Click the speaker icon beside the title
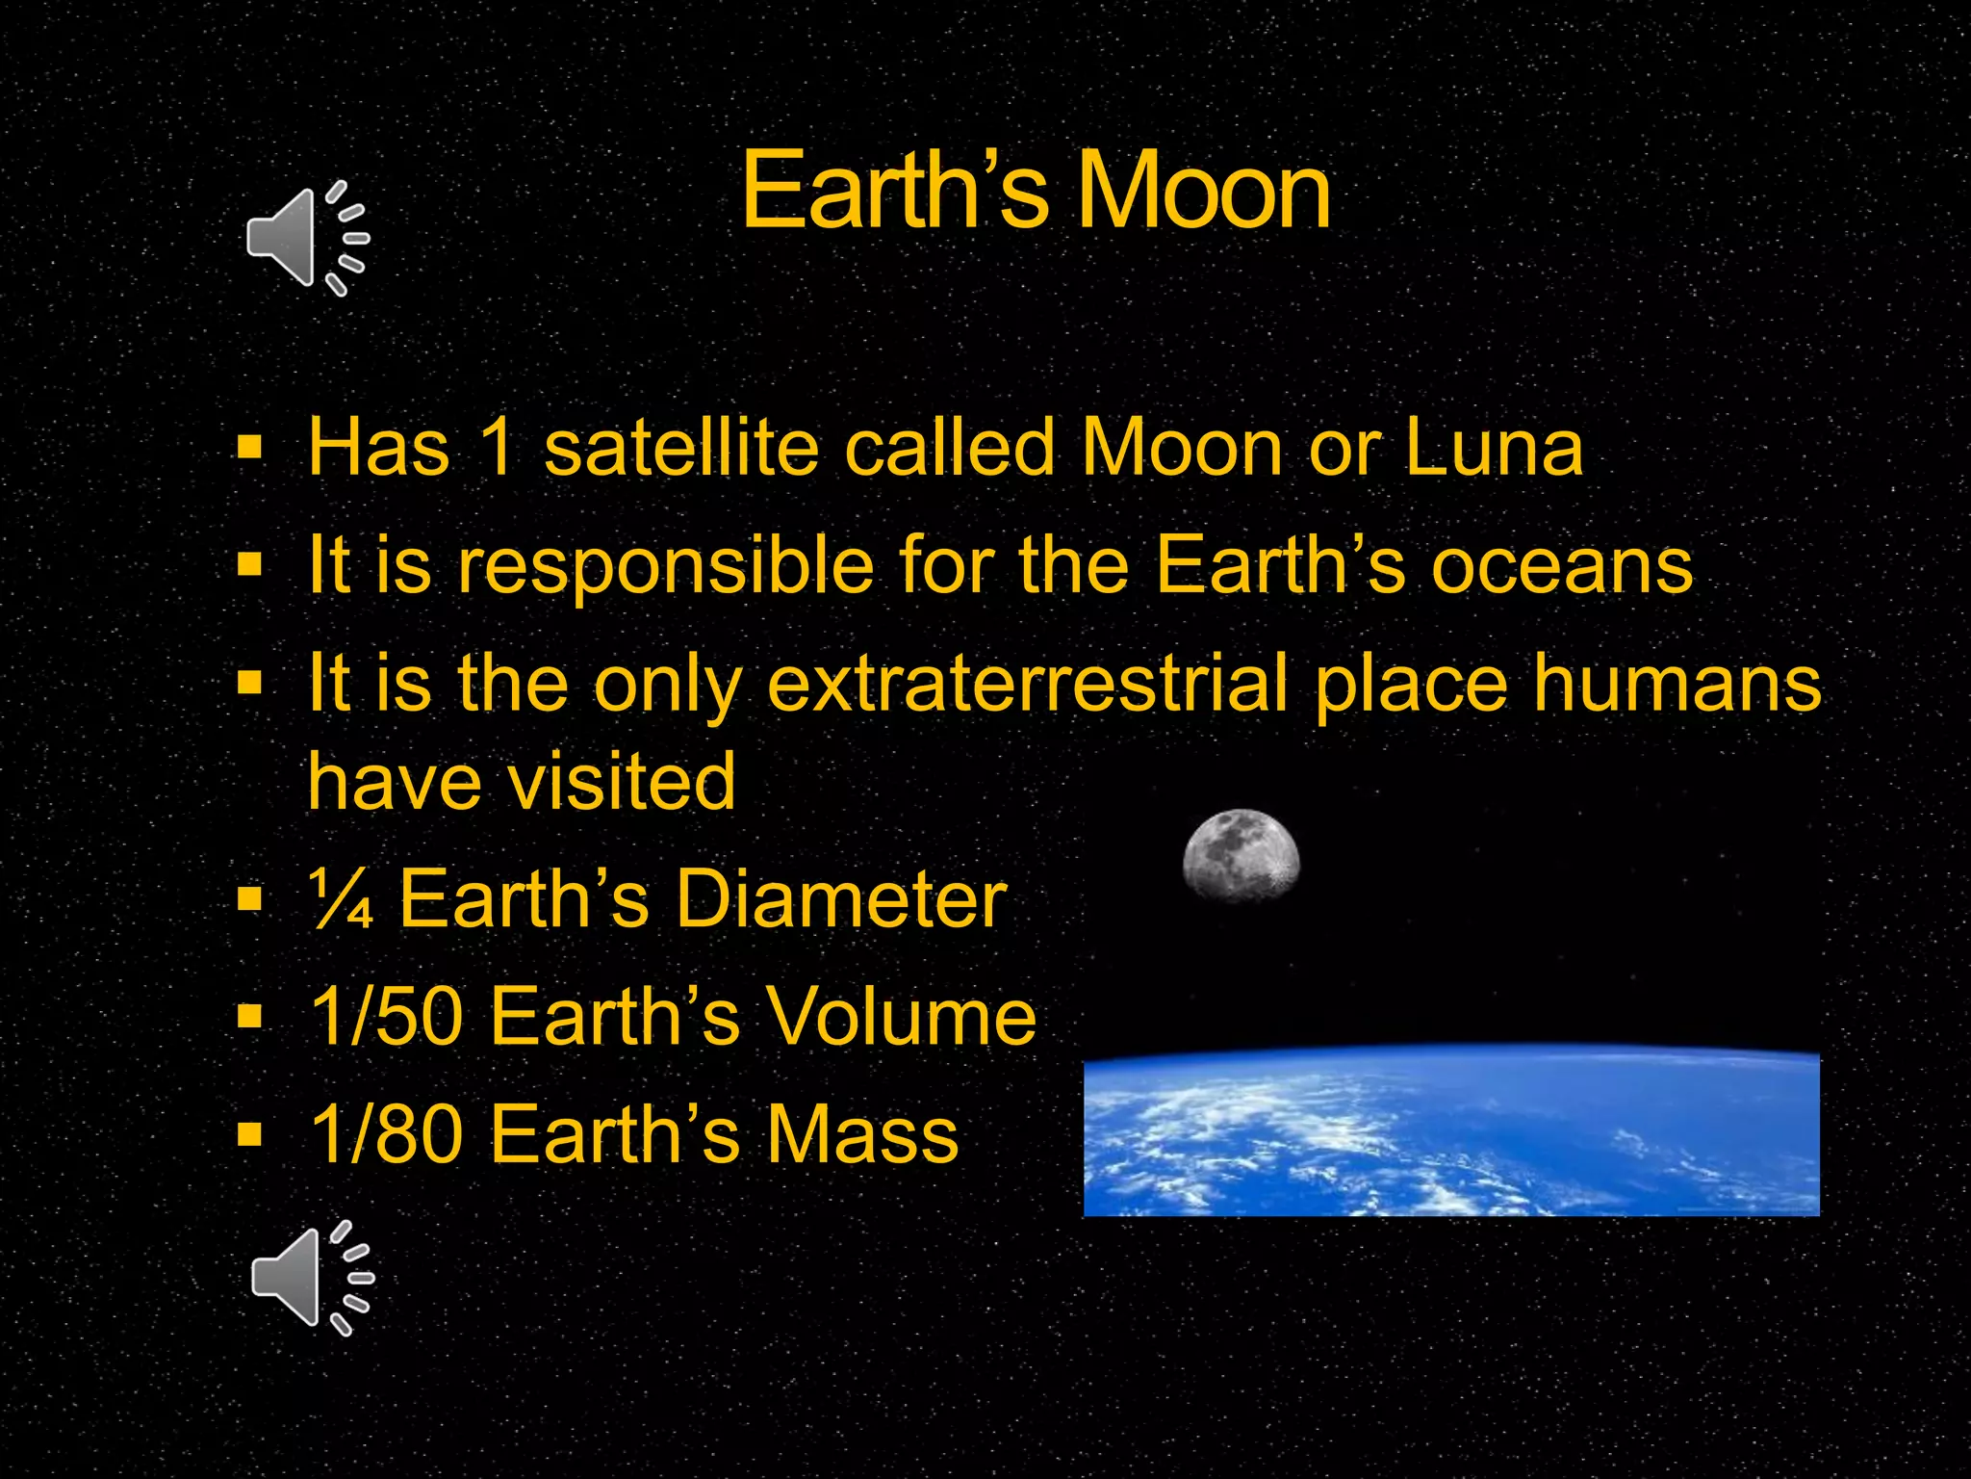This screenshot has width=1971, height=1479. click(306, 238)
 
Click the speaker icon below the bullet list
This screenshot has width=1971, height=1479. click(311, 1278)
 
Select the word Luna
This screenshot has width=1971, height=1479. click(1493, 448)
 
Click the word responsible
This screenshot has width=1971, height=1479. click(665, 567)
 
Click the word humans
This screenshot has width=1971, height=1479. click(1677, 683)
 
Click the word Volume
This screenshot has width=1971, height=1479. click(902, 1017)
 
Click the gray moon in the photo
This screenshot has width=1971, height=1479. click(1241, 855)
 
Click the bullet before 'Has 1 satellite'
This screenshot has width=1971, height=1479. click(250, 447)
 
